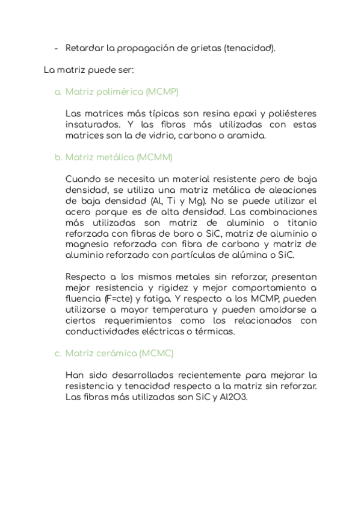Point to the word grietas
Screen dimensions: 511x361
click(x=204, y=48)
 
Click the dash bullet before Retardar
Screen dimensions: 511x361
click(x=56, y=48)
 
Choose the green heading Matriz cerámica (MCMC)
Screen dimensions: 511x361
click(x=119, y=353)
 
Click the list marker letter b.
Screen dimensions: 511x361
click(x=58, y=157)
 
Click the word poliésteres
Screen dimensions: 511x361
click(x=290, y=113)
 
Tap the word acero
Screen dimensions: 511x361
click(x=79, y=212)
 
